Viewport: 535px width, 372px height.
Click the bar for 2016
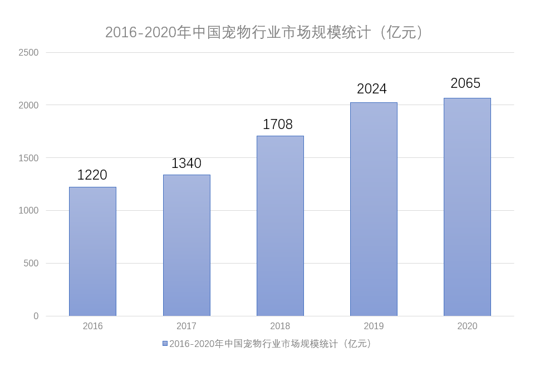coord(92,251)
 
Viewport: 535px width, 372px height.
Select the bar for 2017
coord(186,245)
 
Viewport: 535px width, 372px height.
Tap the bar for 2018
coord(280,226)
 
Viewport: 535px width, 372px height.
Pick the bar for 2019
coord(374,209)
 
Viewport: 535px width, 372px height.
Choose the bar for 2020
coord(467,207)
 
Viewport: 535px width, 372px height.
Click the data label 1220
coord(92,175)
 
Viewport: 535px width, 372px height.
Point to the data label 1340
coord(186,163)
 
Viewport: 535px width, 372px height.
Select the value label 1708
coord(278,125)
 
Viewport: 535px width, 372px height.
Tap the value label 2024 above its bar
coord(372,89)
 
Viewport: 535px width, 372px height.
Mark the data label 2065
coord(465,83)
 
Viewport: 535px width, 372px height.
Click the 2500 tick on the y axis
coord(28,53)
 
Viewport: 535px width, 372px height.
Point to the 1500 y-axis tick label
coord(28,158)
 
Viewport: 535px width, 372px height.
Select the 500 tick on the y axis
coord(31,263)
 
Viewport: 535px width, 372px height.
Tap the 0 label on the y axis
coord(36,316)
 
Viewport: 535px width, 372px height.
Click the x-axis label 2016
coord(92,326)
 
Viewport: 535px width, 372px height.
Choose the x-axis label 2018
coord(280,326)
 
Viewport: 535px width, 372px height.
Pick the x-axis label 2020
coord(467,326)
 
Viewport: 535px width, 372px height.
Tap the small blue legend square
coord(165,344)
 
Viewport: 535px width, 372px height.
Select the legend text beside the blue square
coord(272,344)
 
